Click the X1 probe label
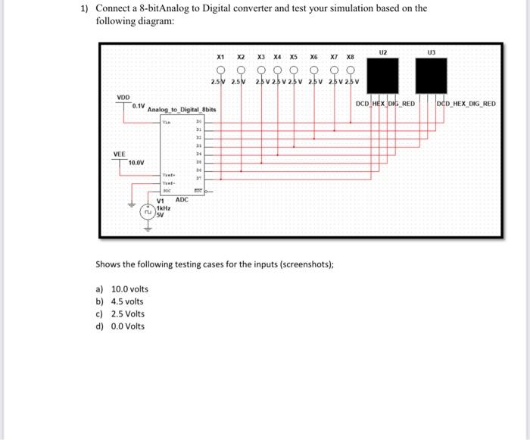tap(220, 57)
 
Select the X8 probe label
tap(350, 57)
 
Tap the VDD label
tap(123, 97)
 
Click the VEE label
tap(120, 153)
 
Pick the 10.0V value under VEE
tap(137, 163)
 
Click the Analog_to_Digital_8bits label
tap(182, 110)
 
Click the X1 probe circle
tap(220, 70)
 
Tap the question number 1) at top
tap(85, 9)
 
